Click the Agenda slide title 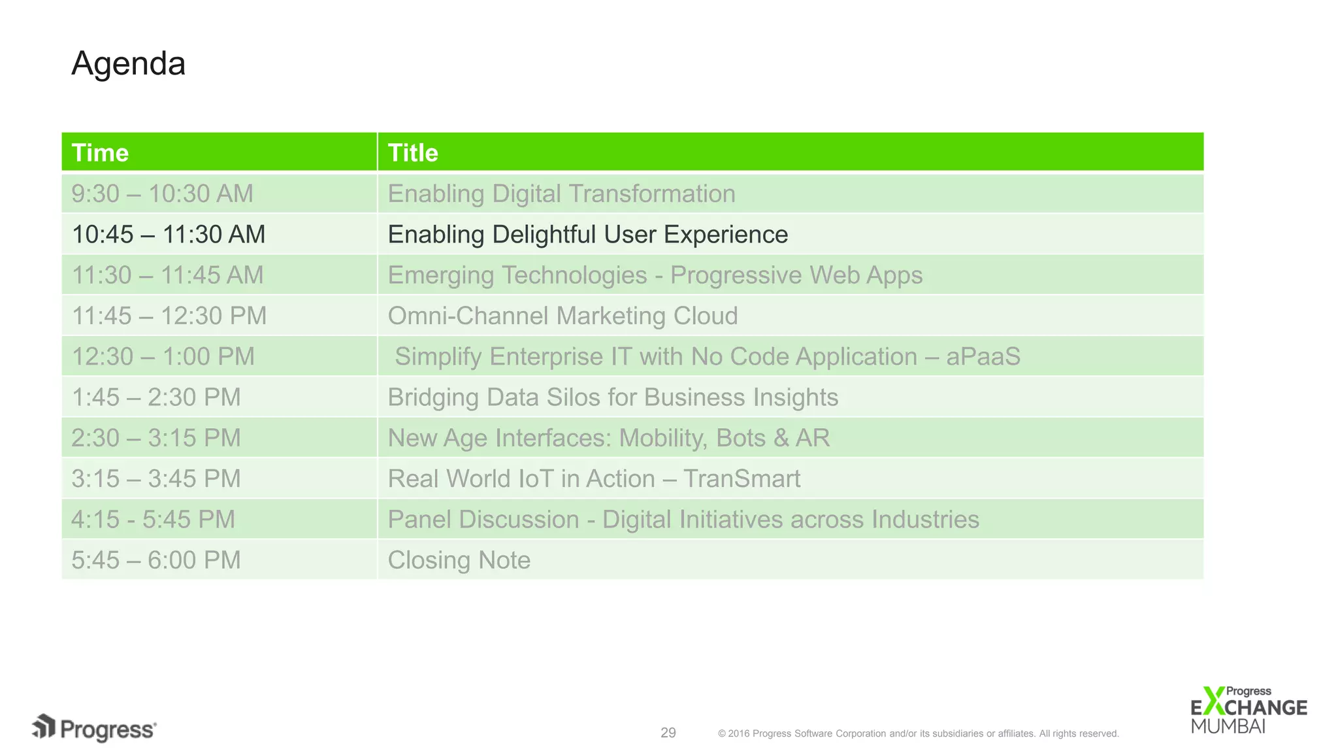point(128,64)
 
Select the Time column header point(100,153)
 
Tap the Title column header point(413,153)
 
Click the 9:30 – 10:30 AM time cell point(162,194)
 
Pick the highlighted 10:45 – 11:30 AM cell point(169,235)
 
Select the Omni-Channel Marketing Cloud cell point(563,316)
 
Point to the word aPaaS point(983,357)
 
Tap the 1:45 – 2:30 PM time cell point(156,397)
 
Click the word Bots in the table point(740,438)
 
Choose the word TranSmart point(742,479)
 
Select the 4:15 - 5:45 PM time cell point(153,520)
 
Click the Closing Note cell point(459,560)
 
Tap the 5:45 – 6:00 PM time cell point(156,560)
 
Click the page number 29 point(668,733)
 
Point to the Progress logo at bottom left point(95,728)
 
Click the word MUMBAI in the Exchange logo point(1228,726)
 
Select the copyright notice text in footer point(918,733)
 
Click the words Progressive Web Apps point(796,276)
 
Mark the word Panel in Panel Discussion point(418,520)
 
